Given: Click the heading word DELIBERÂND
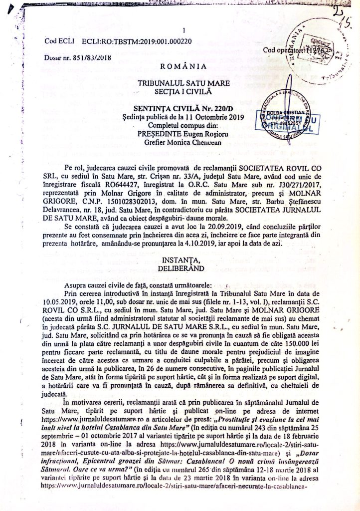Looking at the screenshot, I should (x=180, y=267).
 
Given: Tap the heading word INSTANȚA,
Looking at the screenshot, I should (x=180, y=259).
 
